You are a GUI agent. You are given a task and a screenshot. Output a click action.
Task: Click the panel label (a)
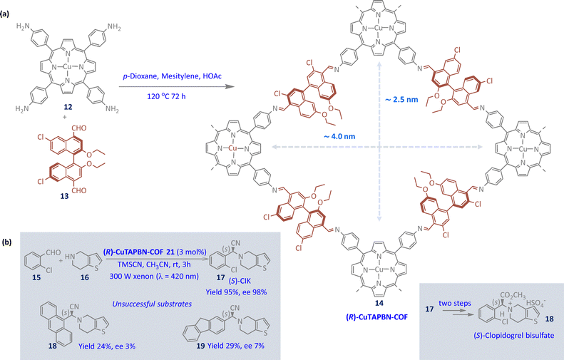(x=6, y=14)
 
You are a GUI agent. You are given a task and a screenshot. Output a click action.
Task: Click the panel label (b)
(x=6, y=242)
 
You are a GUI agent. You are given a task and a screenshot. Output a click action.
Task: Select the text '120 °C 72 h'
(x=166, y=96)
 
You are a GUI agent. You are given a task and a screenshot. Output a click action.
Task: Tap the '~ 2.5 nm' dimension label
(x=401, y=99)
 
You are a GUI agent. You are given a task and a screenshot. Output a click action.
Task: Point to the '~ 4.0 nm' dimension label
(x=339, y=136)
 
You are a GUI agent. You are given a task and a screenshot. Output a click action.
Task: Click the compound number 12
(x=68, y=107)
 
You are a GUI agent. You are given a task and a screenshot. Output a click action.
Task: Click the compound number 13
(x=64, y=196)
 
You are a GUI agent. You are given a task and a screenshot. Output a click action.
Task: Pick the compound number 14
(x=379, y=303)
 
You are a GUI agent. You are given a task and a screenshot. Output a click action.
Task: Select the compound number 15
(x=36, y=277)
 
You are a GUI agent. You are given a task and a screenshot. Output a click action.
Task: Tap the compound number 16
(x=85, y=277)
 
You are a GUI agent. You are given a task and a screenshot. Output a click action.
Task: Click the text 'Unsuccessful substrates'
(x=152, y=304)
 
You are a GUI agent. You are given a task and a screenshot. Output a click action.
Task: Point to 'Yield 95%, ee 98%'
(x=236, y=292)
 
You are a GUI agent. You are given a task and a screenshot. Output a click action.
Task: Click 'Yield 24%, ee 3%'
(x=107, y=346)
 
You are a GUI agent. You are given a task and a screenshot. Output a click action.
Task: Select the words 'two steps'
(x=455, y=303)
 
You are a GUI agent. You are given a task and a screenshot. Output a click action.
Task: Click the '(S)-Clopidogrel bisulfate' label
(x=513, y=336)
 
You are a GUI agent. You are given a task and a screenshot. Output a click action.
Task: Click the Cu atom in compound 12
(x=68, y=66)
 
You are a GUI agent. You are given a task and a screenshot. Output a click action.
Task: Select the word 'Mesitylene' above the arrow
(x=179, y=76)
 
